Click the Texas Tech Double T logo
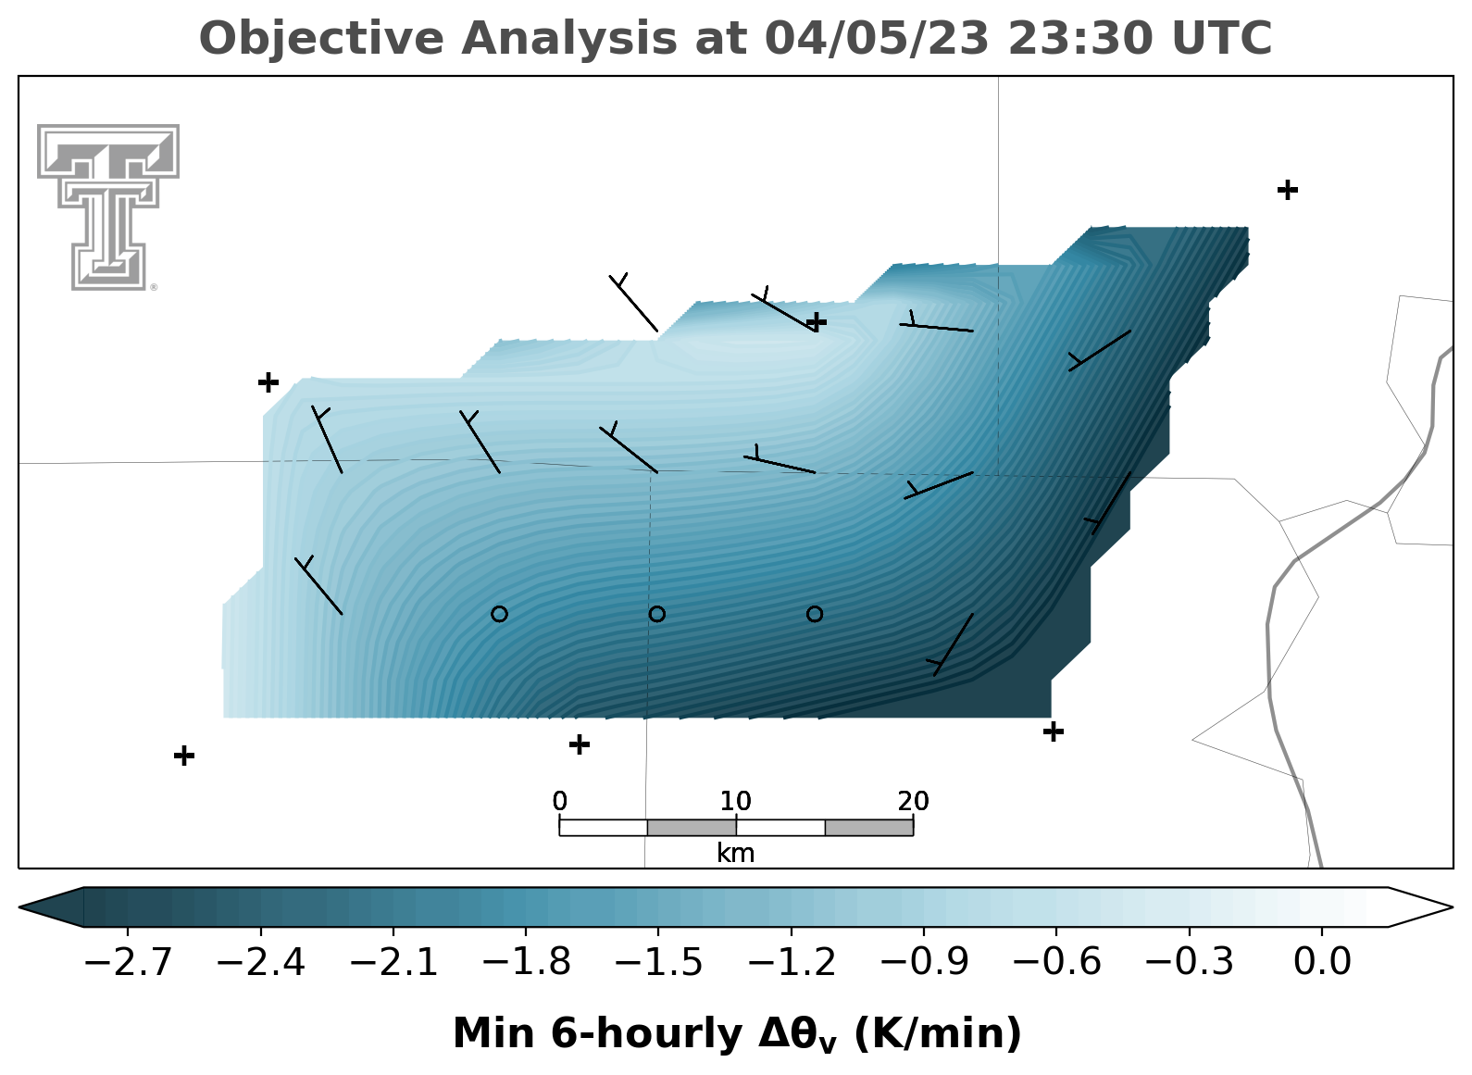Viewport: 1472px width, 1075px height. coord(108,207)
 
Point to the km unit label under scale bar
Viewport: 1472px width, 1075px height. coord(735,854)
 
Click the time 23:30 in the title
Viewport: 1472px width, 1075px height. coord(1079,38)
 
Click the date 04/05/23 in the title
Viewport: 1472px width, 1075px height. coord(877,38)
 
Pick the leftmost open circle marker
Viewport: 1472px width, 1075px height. coord(499,615)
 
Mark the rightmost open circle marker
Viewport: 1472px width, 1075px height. coord(815,615)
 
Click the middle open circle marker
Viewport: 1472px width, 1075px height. coord(657,615)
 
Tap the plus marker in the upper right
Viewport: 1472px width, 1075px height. coord(1288,191)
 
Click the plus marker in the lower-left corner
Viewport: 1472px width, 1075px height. coord(184,756)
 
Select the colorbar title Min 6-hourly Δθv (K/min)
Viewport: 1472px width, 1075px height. coord(737,1035)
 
